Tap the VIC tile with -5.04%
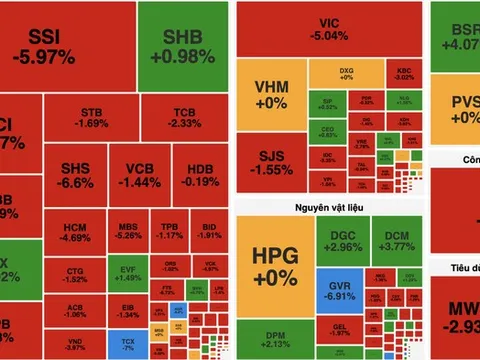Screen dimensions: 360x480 click(330, 29)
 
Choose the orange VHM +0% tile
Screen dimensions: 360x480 click(271, 94)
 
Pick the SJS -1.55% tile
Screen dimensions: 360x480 click(271, 162)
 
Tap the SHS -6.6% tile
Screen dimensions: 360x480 click(76, 175)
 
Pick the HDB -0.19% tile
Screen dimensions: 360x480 click(199, 175)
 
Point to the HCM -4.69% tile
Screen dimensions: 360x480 click(75, 232)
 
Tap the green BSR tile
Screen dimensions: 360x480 click(459, 36)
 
